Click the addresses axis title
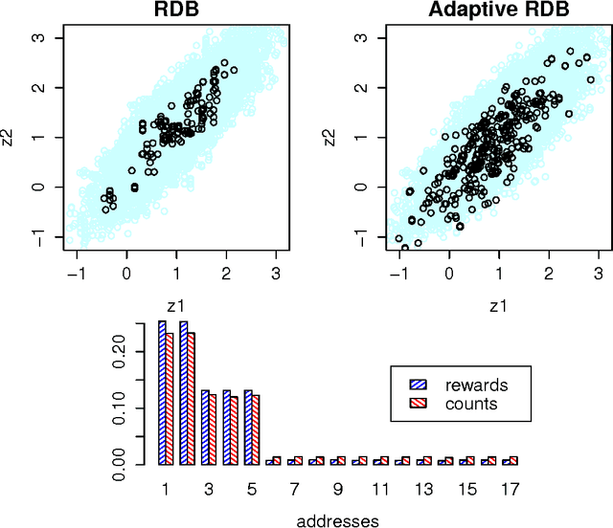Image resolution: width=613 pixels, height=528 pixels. coord(337,520)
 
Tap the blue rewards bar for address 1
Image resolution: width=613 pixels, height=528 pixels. coord(163,393)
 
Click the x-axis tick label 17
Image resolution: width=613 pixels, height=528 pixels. coord(510,489)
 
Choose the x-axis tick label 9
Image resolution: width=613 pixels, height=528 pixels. coord(337,489)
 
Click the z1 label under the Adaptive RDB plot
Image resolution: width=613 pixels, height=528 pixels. coord(496,305)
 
